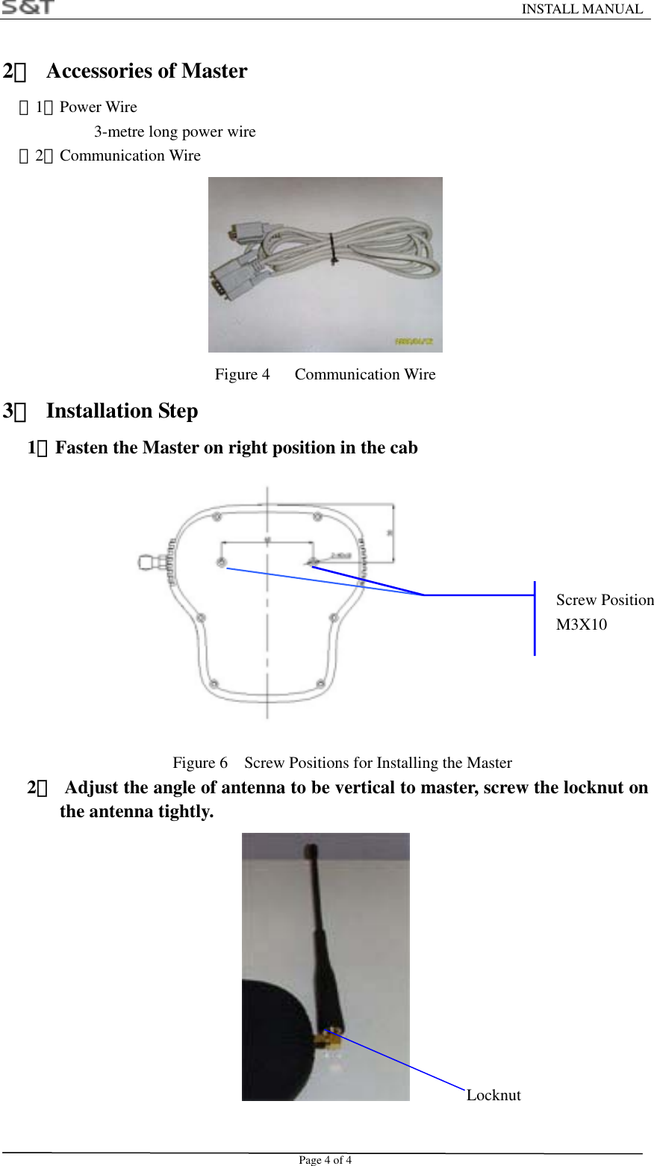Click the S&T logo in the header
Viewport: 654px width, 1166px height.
[x=28, y=7]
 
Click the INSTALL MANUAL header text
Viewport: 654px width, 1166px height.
[x=582, y=9]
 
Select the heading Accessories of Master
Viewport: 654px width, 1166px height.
[x=146, y=71]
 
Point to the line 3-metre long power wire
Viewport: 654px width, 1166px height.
[x=175, y=132]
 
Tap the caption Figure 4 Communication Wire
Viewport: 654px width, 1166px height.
[x=325, y=374]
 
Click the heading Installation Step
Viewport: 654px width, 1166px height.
[x=122, y=411]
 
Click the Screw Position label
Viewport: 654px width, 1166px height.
[x=605, y=600]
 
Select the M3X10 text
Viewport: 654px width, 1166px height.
[x=582, y=624]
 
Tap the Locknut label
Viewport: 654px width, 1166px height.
[x=493, y=1095]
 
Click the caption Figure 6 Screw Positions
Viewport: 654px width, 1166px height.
[x=342, y=763]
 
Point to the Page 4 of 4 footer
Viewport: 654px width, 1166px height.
[x=325, y=1160]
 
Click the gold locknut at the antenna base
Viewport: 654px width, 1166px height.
[x=329, y=1038]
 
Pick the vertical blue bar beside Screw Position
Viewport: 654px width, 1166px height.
[x=535, y=618]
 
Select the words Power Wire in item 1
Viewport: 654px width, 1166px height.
[x=99, y=107]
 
